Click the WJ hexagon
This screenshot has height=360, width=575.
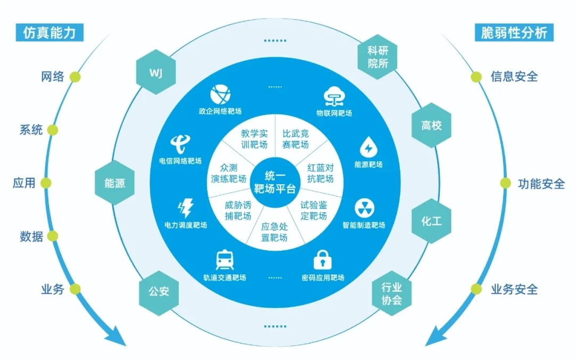[x=155, y=71]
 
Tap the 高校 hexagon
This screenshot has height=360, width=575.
[x=431, y=126]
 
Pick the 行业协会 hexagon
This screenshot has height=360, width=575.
[x=391, y=294]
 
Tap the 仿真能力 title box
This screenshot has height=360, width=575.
[x=50, y=33]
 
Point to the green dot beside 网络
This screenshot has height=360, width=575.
[x=75, y=77]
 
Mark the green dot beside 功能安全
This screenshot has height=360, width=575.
[x=505, y=184]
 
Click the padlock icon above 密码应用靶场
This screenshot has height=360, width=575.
[x=322, y=260]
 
